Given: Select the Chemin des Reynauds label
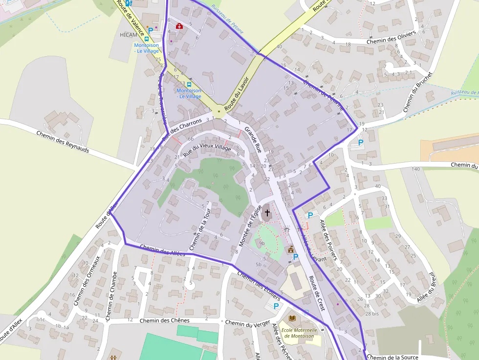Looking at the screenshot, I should [x=63, y=142].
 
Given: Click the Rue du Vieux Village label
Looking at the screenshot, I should [x=207, y=150].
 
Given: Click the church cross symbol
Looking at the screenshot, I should [x=267, y=212].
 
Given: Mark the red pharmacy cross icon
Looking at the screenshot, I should [x=179, y=25].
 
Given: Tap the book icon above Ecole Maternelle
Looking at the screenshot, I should [x=292, y=318].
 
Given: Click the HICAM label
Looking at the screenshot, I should [x=128, y=35].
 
